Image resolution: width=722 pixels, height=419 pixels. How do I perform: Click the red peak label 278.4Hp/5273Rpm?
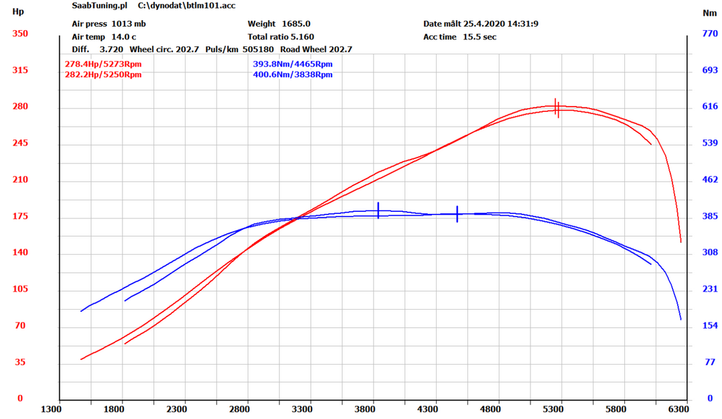102,64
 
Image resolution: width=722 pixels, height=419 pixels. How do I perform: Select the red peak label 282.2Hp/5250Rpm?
102,74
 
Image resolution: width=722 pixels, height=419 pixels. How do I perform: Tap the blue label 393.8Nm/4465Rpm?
292,64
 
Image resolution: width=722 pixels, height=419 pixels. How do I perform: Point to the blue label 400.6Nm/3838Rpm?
292,74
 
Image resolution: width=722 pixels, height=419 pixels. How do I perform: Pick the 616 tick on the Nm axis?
709,107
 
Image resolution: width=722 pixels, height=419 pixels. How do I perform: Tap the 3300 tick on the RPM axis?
302,408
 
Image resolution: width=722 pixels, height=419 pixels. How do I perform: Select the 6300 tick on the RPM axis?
678,408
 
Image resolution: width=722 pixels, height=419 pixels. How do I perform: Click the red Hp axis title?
18,12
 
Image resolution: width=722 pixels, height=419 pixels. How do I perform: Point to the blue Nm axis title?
709,12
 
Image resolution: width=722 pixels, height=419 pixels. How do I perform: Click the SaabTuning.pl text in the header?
99,5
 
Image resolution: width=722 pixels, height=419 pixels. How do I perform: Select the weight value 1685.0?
295,23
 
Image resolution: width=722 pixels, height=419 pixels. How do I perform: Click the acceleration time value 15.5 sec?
479,37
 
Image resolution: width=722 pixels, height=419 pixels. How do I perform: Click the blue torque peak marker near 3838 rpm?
378,211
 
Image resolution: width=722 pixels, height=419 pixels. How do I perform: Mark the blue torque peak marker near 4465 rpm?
457,214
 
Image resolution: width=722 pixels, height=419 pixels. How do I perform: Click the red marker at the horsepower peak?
557,107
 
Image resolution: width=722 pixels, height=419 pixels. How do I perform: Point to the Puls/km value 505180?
258,49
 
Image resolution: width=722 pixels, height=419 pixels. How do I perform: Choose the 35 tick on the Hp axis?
21,362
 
